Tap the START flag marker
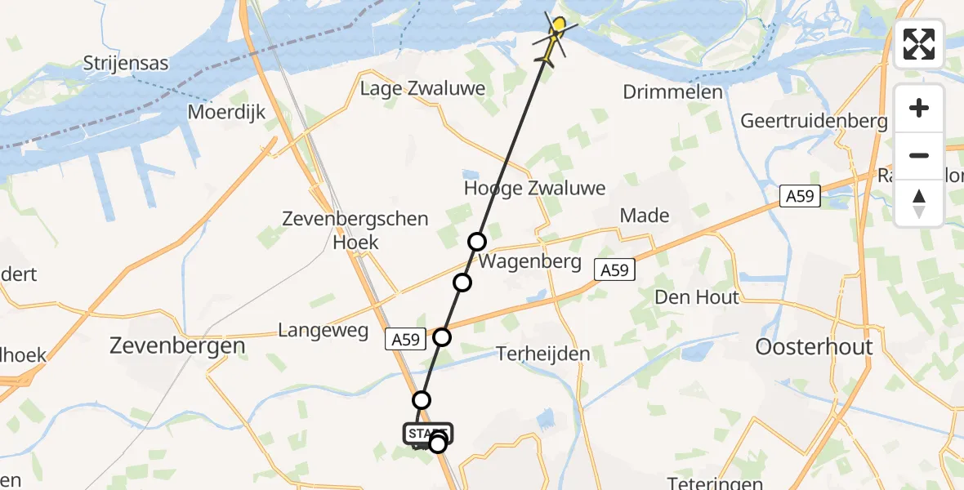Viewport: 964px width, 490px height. point(426,433)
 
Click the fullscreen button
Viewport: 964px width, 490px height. point(919,44)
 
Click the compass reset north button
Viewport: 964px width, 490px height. point(919,203)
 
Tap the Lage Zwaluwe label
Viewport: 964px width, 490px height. point(423,88)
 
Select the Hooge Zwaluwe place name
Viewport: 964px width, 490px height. point(534,188)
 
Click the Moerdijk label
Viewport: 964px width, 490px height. point(227,112)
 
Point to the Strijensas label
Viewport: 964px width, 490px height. point(126,63)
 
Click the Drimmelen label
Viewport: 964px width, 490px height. point(672,91)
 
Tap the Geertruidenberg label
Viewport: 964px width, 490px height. point(814,122)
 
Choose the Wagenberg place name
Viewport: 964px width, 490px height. point(529,262)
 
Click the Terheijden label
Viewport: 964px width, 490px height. point(543,354)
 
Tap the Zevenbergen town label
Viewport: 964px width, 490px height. point(177,345)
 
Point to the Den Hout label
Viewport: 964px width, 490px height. point(696,297)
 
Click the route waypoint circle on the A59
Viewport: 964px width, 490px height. point(442,336)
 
